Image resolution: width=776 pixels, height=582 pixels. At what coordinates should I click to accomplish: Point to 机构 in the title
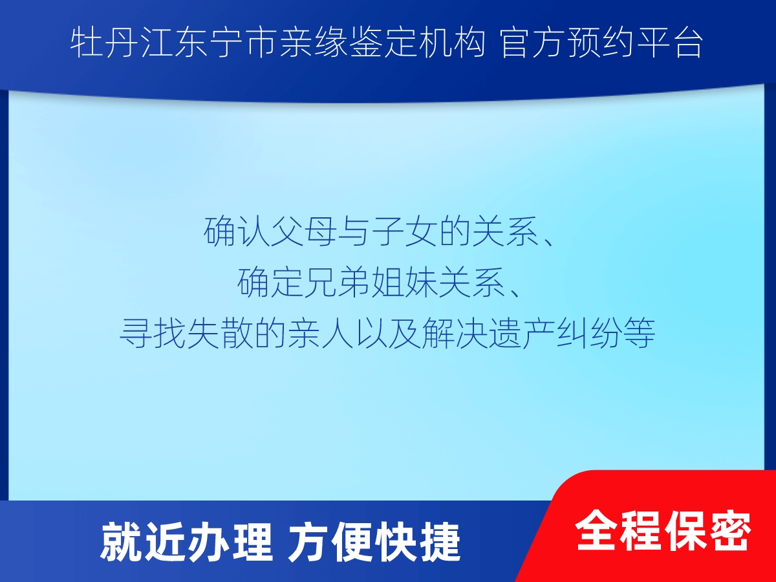pos(452,43)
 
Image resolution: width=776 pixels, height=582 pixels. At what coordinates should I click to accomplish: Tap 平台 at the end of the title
pos(669,43)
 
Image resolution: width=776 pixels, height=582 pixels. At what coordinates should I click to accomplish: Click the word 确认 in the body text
pos(236,232)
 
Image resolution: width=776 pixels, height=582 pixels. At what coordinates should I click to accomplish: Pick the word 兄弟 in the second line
pos(336,283)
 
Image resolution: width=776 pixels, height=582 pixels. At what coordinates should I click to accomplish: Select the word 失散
pos(219,333)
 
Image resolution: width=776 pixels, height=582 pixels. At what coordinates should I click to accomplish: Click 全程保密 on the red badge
pos(663,530)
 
